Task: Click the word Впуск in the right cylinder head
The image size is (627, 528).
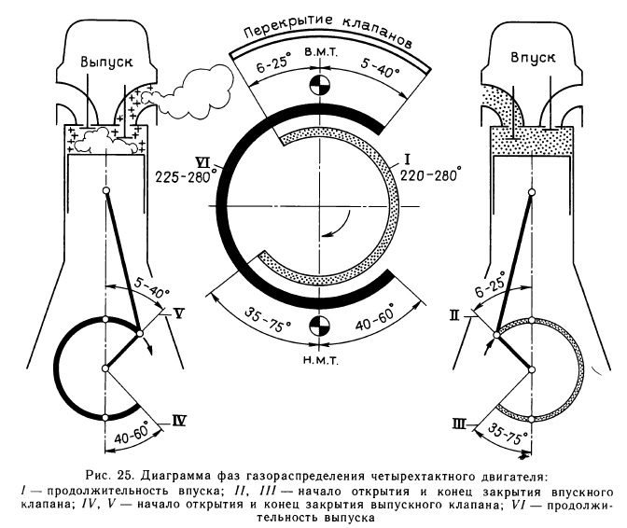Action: point(533,57)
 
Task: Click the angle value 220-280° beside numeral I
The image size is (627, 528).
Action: point(429,174)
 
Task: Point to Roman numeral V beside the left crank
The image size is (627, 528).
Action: point(178,313)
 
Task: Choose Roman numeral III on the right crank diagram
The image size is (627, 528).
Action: point(458,424)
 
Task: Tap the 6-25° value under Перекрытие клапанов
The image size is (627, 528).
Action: point(271,67)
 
